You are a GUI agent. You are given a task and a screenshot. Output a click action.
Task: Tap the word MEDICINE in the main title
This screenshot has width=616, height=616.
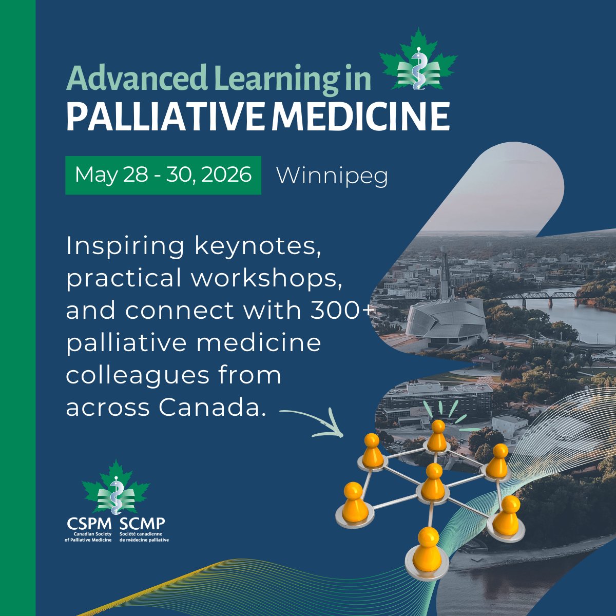(x=360, y=117)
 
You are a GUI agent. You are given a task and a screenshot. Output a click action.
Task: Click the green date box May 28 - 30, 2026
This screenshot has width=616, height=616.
(x=163, y=175)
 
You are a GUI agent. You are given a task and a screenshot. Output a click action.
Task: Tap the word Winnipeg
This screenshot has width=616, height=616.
(x=332, y=176)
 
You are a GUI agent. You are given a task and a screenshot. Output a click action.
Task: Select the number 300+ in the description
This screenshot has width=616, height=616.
(x=340, y=311)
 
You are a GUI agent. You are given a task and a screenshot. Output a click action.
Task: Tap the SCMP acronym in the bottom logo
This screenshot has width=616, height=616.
(x=142, y=524)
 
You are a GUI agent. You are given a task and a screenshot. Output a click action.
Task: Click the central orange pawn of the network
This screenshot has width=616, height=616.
(x=434, y=483)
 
